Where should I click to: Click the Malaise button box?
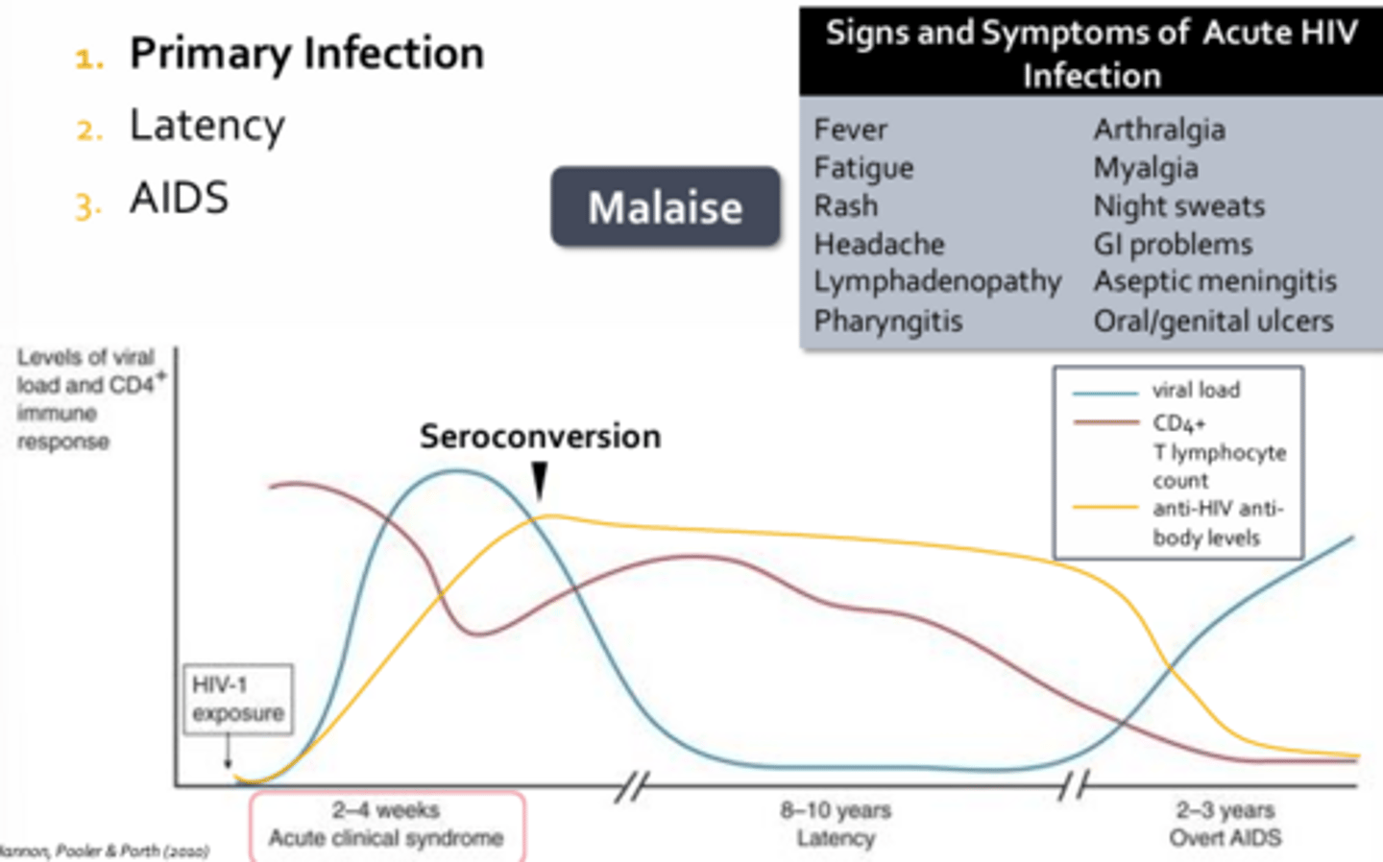tap(665, 207)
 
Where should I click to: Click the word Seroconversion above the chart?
tap(540, 437)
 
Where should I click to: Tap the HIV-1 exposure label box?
tap(238, 699)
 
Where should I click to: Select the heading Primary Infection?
tap(306, 54)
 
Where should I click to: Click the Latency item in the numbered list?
tap(207, 126)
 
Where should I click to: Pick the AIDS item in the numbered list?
tap(180, 199)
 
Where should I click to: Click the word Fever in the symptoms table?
tap(850, 130)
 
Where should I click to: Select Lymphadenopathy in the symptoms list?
tap(937, 281)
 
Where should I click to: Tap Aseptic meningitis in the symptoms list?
tap(1215, 281)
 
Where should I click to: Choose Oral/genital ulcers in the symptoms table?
tap(1213, 321)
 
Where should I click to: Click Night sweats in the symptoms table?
tap(1178, 205)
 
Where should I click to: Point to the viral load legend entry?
tap(1196, 391)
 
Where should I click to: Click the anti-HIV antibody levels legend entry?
tap(1217, 522)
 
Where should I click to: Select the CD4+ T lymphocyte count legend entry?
tap(1218, 451)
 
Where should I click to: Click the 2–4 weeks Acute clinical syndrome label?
tap(386, 825)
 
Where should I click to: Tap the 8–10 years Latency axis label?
tap(836, 825)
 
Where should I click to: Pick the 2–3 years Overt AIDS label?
tap(1225, 825)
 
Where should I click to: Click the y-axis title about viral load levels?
tap(86, 399)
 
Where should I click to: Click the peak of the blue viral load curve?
tap(458, 470)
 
